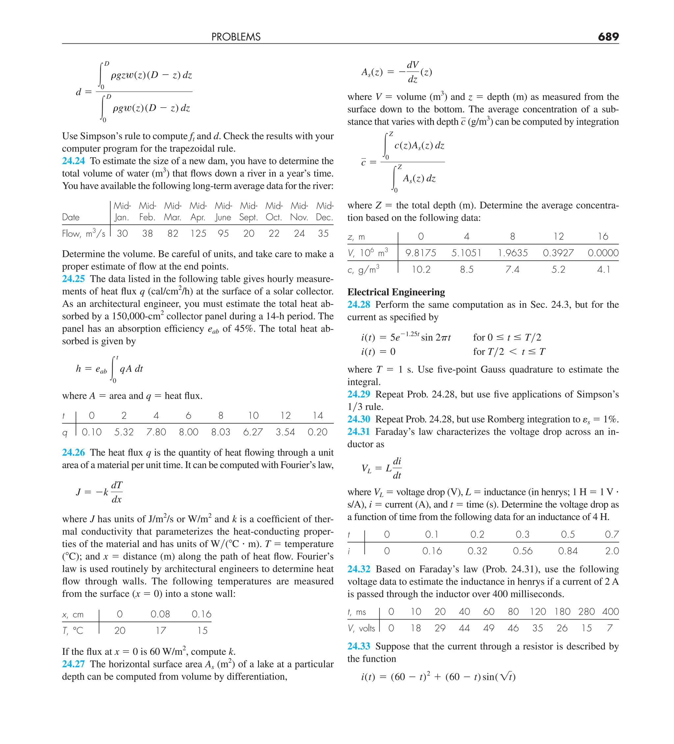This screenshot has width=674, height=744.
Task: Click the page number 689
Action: pyautogui.click(x=608, y=37)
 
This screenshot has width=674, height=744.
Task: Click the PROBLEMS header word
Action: pyautogui.click(x=236, y=37)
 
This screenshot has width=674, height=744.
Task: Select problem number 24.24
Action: pyautogui.click(x=73, y=161)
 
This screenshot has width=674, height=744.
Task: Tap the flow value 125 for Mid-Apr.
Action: pyautogui.click(x=198, y=234)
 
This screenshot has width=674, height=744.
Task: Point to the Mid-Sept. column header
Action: pyautogui.click(x=248, y=211)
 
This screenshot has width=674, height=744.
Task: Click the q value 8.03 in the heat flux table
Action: pyautogui.click(x=220, y=432)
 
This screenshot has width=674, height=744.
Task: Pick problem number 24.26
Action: pyautogui.click(x=73, y=453)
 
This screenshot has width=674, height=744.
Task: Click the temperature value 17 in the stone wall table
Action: pyautogui.click(x=160, y=630)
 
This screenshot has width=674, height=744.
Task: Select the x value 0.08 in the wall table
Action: pyautogui.click(x=160, y=614)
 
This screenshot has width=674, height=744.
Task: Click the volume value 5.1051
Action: pyautogui.click(x=466, y=253)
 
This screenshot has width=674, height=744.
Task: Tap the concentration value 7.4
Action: pyautogui.click(x=512, y=269)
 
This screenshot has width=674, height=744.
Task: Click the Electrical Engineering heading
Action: pyautogui.click(x=396, y=292)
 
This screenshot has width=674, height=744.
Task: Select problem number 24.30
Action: pyautogui.click(x=358, y=419)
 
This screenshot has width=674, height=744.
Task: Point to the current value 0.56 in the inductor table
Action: pyautogui.click(x=523, y=551)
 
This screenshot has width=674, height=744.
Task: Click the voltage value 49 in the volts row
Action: pyautogui.click(x=489, y=628)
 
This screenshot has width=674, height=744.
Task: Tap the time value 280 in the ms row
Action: pyautogui.click(x=586, y=611)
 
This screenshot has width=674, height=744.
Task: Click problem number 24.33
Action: pyautogui.click(x=358, y=646)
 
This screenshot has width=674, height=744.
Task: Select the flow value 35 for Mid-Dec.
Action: pyautogui.click(x=323, y=234)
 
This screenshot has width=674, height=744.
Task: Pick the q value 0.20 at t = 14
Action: pyautogui.click(x=317, y=432)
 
